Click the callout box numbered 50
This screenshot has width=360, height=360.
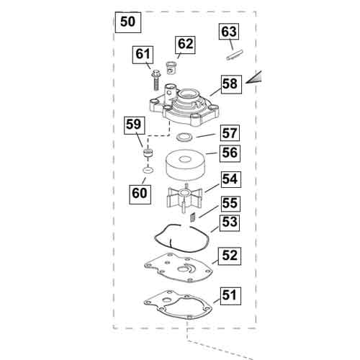(128, 22)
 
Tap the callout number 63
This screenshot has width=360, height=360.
(229, 32)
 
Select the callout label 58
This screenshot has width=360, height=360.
(230, 84)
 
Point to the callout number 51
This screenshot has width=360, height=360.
(230, 296)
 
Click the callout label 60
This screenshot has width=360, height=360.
(140, 194)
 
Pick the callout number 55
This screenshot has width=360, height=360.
(230, 204)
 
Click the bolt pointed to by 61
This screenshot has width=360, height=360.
(156, 80)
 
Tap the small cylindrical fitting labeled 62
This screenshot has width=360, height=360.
(171, 68)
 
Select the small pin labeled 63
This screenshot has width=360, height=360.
(235, 55)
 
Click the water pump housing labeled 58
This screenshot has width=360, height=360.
(184, 105)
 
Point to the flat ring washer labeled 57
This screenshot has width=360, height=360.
(184, 138)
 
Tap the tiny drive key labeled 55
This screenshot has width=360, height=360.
(192, 218)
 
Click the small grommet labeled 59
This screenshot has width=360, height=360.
(148, 153)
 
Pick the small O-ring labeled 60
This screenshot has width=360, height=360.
(148, 170)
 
